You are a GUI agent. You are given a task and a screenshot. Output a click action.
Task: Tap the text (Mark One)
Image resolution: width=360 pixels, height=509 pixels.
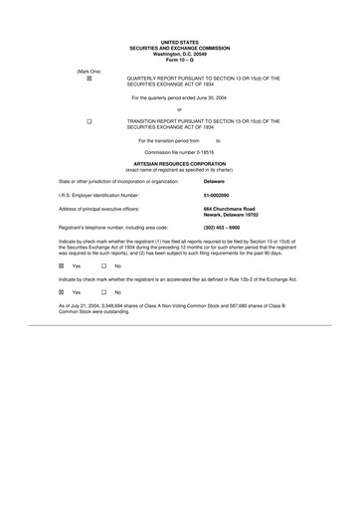pyautogui.click(x=90, y=71)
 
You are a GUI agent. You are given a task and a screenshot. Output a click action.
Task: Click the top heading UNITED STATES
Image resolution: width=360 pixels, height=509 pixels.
pyautogui.click(x=179, y=43)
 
